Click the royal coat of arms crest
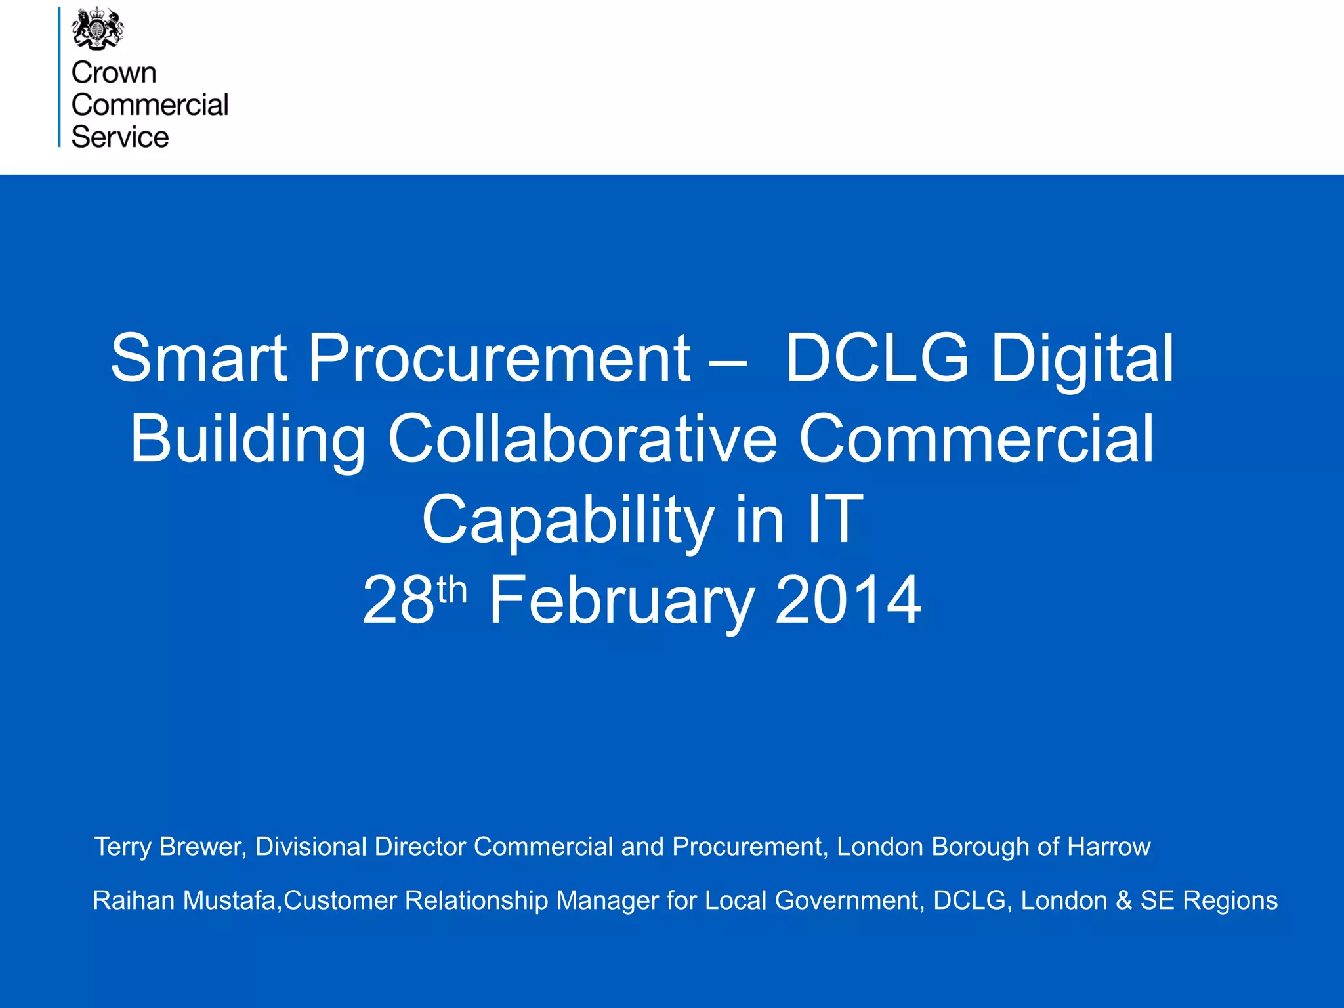pos(97,28)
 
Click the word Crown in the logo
pos(114,73)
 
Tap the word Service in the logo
pos(119,137)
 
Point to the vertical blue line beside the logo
pos(59,77)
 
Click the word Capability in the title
pos(568,520)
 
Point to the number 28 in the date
pos(398,600)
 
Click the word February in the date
pos(621,601)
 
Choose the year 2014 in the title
pos(848,600)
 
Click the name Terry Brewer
pos(170,847)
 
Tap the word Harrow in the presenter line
pos(1108,847)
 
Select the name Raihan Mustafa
pos(184,900)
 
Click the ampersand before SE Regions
pos(1123,900)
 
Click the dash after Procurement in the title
pos(728,362)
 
